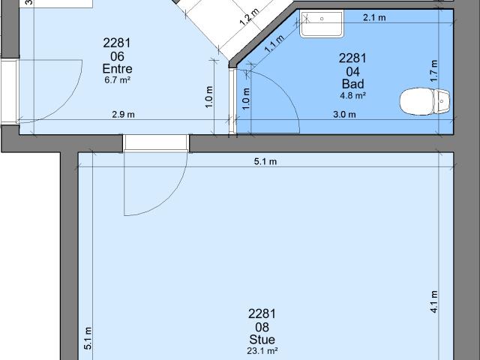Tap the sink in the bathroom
[x=321, y=24]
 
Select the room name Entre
[x=116, y=69]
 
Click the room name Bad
[x=352, y=84]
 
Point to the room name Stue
[x=262, y=340]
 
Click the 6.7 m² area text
[x=116, y=79]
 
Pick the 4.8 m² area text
[x=352, y=94]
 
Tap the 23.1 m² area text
[x=262, y=350]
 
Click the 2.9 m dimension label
[x=124, y=115]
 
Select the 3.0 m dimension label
[x=345, y=115]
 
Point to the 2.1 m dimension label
[x=374, y=17]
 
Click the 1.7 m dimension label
[x=434, y=70]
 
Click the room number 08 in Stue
[x=262, y=327]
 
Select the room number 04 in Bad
[x=352, y=71]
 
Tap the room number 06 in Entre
[x=116, y=56]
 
